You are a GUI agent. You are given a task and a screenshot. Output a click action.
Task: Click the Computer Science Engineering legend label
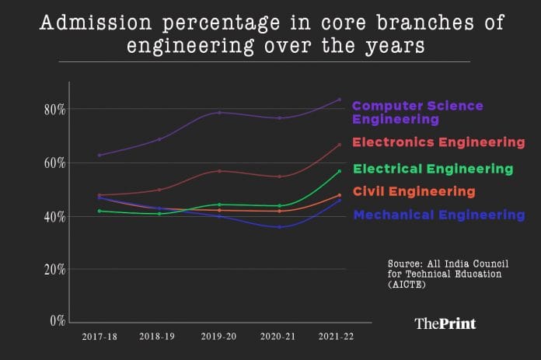[x=417, y=113]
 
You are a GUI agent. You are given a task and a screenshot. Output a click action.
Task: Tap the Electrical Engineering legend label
[x=433, y=169]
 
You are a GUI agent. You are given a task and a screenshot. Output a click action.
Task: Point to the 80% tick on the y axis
[x=54, y=110]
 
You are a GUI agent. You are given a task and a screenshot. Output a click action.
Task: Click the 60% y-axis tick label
[x=54, y=163]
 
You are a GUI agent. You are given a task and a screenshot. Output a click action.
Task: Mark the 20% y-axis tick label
[x=54, y=269]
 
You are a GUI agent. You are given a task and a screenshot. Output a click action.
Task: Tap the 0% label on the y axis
[x=58, y=320]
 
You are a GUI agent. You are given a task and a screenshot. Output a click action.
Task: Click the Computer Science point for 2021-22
[x=339, y=100]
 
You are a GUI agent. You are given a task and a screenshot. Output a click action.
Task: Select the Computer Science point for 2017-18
[x=99, y=156]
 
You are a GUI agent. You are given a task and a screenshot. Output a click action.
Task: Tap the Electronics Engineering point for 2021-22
[x=339, y=145]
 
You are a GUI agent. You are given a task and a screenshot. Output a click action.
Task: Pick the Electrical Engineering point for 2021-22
[x=339, y=171]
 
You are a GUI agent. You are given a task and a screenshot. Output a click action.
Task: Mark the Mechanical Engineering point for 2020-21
[x=279, y=227]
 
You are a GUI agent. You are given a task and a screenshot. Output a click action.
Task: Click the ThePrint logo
[x=445, y=323]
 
